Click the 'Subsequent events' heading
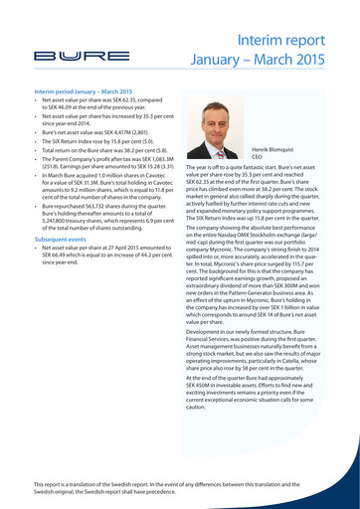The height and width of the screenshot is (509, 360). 61,240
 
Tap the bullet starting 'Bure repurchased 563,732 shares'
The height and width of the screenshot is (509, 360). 106,218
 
